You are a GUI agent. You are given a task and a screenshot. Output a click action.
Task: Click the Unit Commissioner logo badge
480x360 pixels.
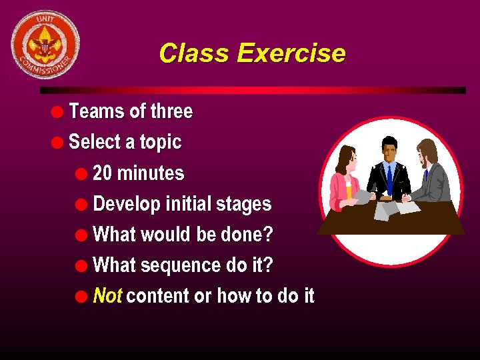click(x=45, y=45)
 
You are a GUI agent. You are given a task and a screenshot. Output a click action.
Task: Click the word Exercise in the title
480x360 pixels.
click(x=291, y=53)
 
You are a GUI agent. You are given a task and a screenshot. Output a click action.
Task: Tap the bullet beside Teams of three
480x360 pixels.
click(x=58, y=111)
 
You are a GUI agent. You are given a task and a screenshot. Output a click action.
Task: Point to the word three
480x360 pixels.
click(x=171, y=111)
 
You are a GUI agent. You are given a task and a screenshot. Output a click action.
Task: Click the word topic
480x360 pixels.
click(x=160, y=142)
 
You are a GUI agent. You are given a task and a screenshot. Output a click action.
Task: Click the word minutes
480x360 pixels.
click(x=151, y=173)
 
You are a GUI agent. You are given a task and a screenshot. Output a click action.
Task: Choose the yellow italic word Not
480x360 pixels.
click(x=107, y=295)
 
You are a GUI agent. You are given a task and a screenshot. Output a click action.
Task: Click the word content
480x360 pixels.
click(x=157, y=296)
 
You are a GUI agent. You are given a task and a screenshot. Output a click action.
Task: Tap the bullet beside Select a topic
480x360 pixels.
click(x=58, y=142)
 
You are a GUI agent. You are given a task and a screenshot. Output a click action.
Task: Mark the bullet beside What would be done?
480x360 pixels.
click(x=82, y=235)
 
